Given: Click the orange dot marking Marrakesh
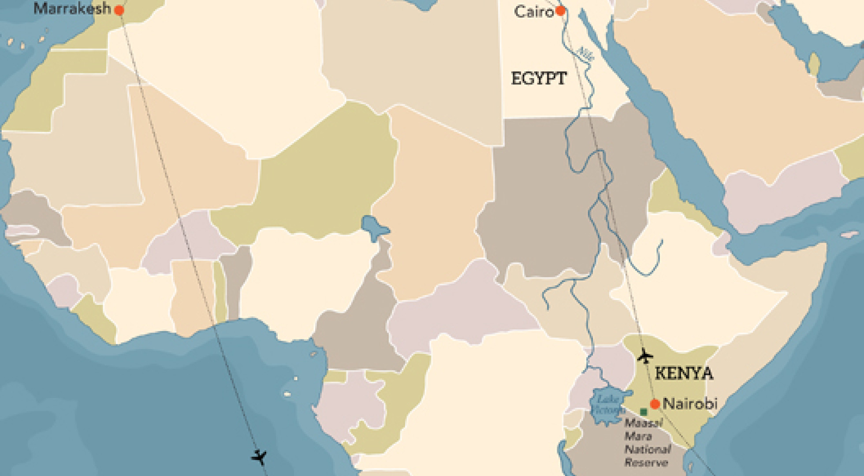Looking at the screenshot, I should [119, 10].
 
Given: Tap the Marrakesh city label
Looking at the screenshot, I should [72, 8].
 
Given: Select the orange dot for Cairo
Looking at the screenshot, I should [560, 11].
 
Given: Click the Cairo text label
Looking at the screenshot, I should [533, 12].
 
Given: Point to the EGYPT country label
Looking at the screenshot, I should [539, 78].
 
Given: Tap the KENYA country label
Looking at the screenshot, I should [684, 373].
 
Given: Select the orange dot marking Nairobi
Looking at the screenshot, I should [655, 404].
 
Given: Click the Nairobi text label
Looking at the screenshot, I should [690, 403].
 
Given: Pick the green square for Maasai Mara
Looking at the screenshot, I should [644, 412].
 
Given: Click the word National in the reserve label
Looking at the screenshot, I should [647, 450].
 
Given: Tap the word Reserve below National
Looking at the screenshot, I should [646, 462].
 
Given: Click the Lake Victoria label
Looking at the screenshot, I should [607, 405].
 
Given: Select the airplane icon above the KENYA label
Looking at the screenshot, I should [645, 355].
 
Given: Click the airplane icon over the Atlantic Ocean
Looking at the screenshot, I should [259, 457].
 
